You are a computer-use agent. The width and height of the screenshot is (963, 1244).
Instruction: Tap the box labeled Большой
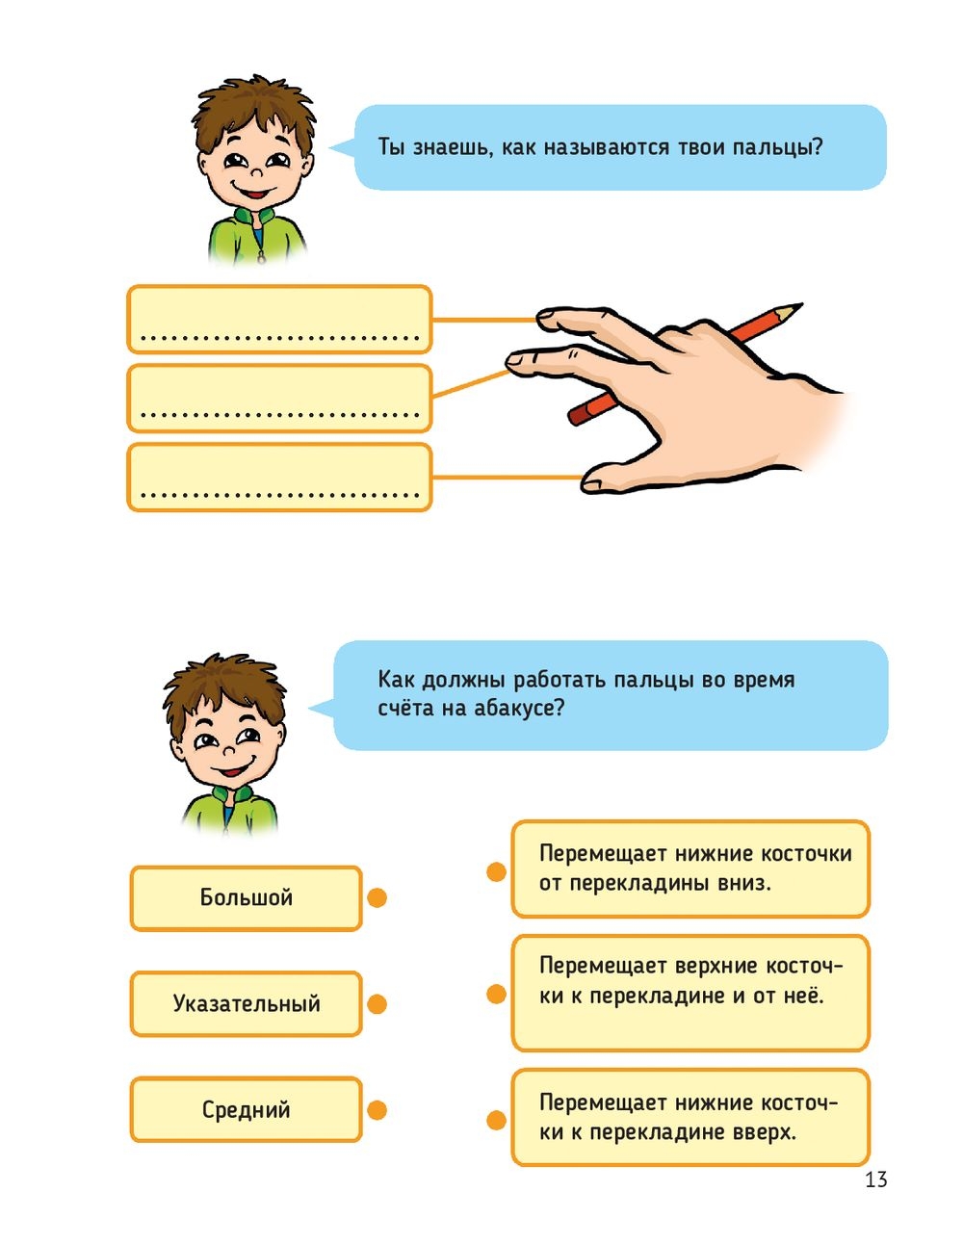pos(247,897)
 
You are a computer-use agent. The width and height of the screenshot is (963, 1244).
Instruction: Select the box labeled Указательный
pos(247,1003)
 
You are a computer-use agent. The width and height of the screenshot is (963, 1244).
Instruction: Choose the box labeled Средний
pos(247,1109)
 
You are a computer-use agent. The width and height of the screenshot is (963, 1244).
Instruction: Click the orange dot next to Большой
pos(377,897)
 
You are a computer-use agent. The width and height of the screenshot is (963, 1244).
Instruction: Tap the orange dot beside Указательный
pos(377,1003)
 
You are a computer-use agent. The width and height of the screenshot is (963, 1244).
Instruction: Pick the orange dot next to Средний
pos(377,1110)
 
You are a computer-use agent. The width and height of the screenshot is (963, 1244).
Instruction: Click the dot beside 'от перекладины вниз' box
pos(496,872)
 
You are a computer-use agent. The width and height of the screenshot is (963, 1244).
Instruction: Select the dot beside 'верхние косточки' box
pos(496,994)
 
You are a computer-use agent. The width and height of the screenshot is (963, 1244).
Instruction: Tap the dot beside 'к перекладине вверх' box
pos(496,1121)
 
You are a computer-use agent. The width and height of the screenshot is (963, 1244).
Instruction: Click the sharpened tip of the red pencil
pos(800,305)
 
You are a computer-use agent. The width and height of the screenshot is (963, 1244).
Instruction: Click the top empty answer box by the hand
pos(279,319)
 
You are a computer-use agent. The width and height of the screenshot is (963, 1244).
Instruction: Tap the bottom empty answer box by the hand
pos(279,477)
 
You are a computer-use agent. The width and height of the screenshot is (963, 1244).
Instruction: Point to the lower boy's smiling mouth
pos(233,769)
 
